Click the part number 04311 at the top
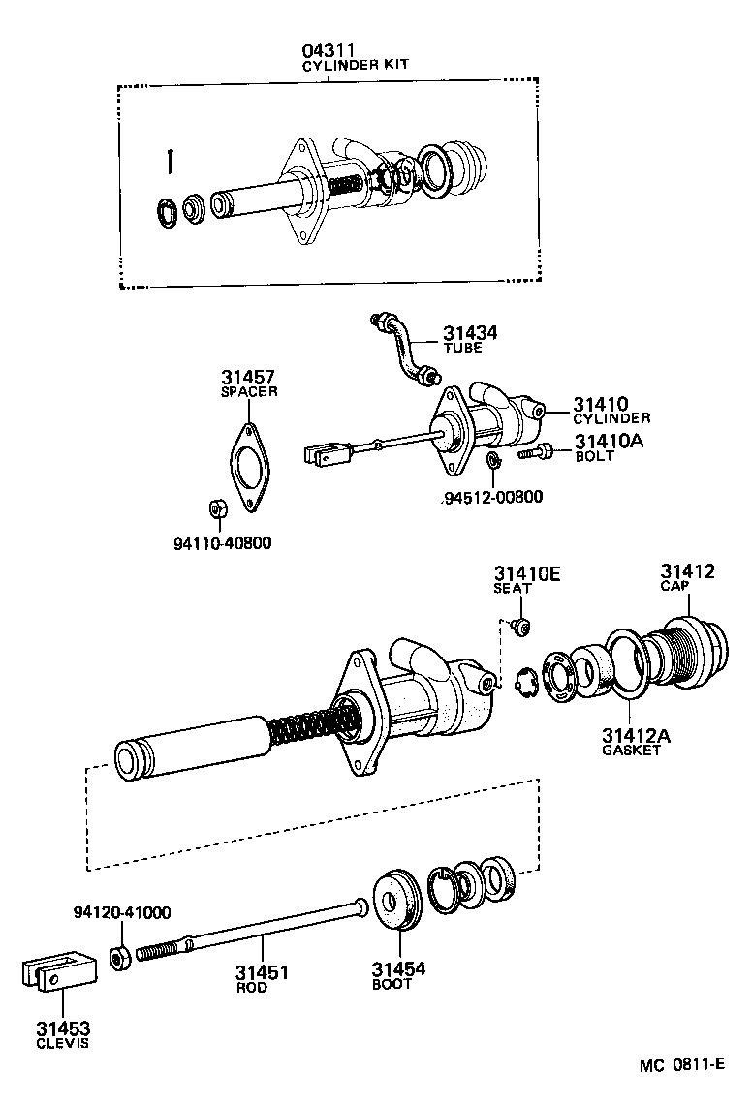[x=328, y=49]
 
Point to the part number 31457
[x=247, y=377]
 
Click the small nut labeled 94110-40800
[x=218, y=508]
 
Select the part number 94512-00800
[x=490, y=498]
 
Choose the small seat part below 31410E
[x=521, y=628]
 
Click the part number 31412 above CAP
[x=688, y=571]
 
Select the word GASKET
[x=631, y=751]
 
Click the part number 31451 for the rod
[x=263, y=972]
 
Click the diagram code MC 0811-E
[x=681, y=1065]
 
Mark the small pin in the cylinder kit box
[x=169, y=160]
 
